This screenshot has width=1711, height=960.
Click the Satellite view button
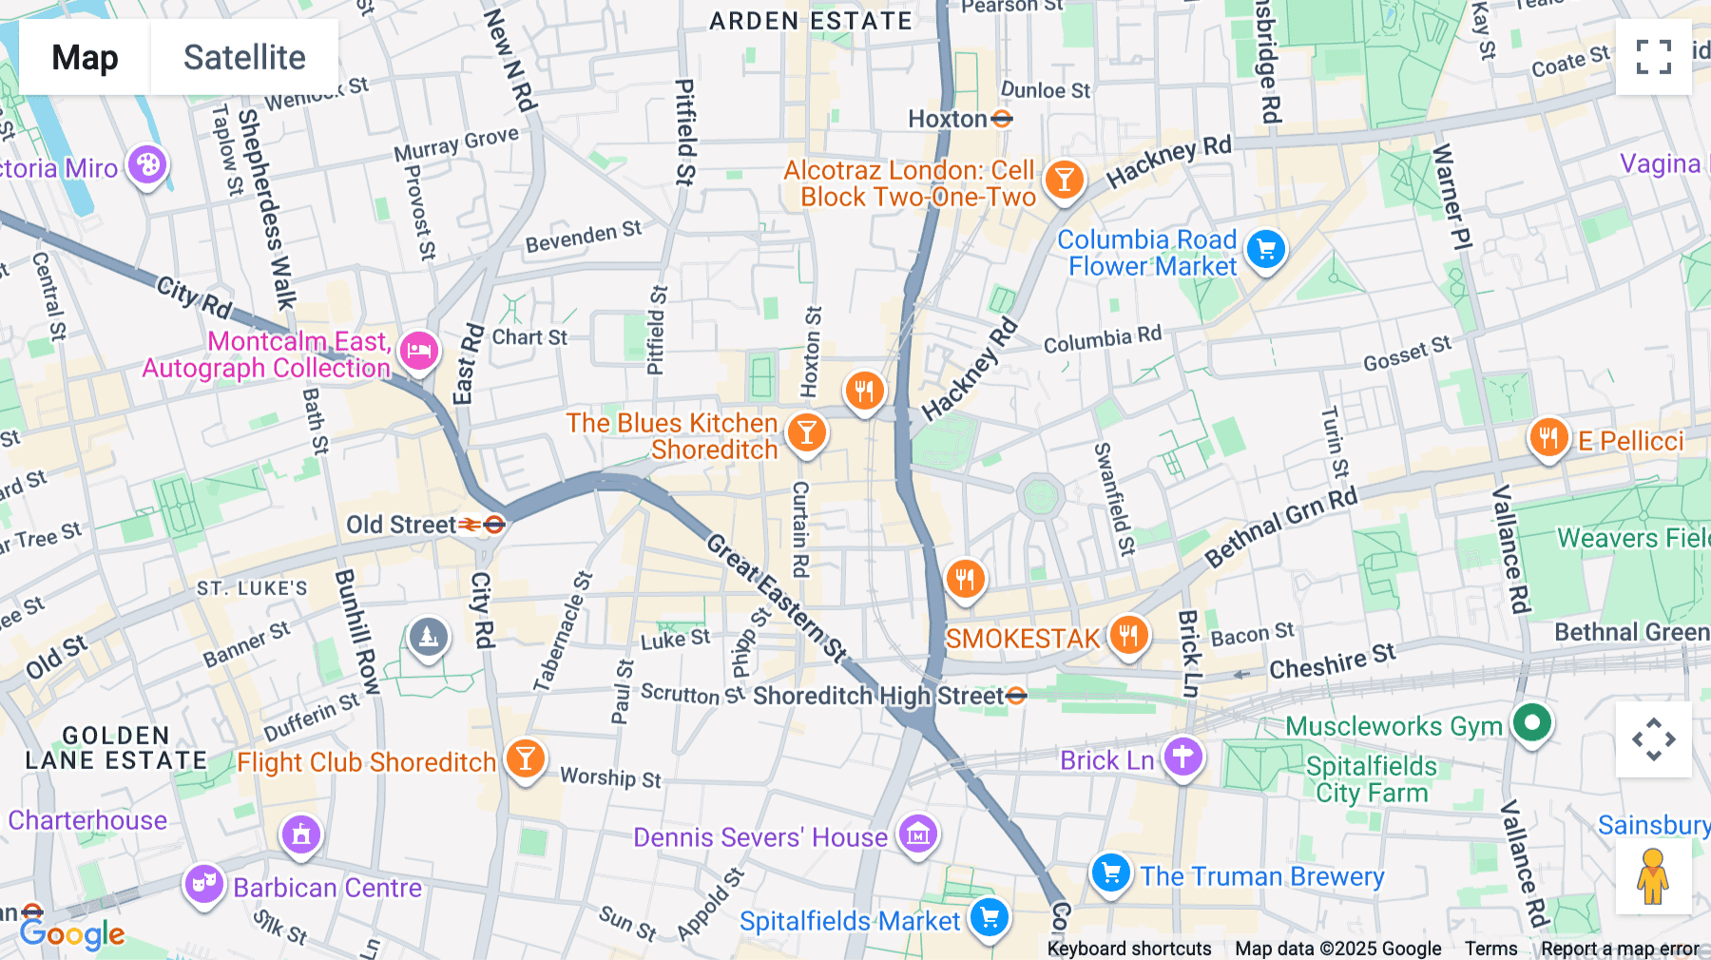[x=244, y=57]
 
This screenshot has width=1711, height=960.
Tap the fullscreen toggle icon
[x=1653, y=57]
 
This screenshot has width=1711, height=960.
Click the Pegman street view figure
[x=1653, y=876]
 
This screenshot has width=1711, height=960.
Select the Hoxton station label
[x=948, y=119]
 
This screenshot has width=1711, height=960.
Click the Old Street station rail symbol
[x=471, y=525]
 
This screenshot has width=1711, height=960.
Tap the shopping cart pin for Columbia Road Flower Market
[x=1265, y=251]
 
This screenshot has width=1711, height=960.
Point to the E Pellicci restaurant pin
[x=1548, y=438]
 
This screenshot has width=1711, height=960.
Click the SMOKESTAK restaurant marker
[x=1128, y=635]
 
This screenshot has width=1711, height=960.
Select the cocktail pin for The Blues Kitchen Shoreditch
[x=806, y=433]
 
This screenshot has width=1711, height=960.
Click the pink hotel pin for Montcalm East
[x=418, y=352]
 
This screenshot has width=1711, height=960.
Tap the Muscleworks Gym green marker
[x=1531, y=723]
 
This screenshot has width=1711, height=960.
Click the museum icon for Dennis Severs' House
[x=917, y=835]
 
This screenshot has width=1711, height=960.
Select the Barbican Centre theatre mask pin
[x=203, y=884]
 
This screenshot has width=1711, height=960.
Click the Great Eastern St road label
[x=777, y=598]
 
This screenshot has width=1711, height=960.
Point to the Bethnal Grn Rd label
[x=1280, y=526]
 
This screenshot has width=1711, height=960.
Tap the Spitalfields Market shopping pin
[x=989, y=918]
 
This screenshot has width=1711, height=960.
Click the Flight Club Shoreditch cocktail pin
[x=525, y=758]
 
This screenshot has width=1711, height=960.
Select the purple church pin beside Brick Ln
[x=1182, y=758]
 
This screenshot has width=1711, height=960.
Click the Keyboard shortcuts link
[x=1128, y=949]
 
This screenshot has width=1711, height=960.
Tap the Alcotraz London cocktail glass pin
[x=1064, y=179]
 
